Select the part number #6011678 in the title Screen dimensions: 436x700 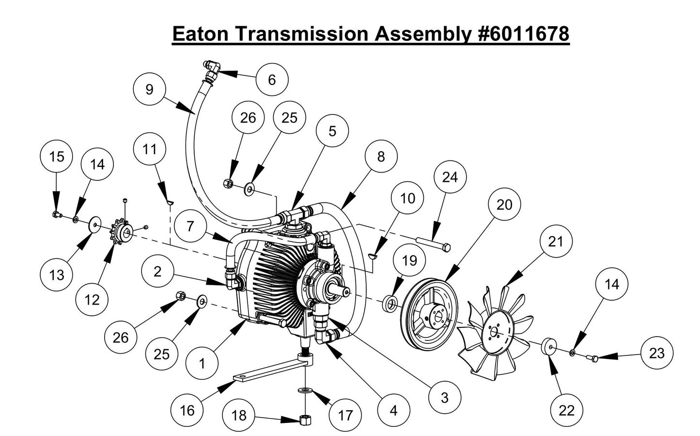(x=520, y=34)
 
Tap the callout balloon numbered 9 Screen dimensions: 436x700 (x=149, y=90)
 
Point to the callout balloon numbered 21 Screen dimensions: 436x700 (x=555, y=241)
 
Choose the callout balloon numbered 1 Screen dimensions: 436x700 (x=202, y=363)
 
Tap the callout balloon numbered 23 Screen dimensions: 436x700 (x=656, y=353)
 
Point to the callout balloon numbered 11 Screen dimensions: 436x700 (x=149, y=149)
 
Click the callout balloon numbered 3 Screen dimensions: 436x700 (x=444, y=398)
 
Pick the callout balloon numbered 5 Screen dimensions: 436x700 (x=332, y=131)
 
